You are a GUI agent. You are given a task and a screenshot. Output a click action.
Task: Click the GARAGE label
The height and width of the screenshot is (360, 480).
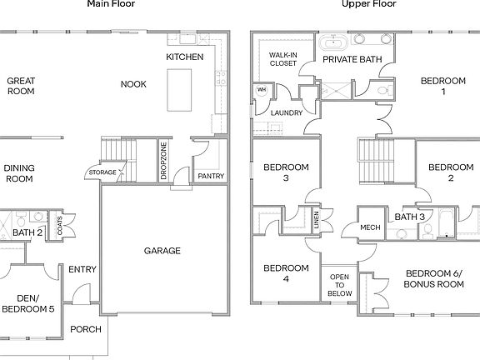162,250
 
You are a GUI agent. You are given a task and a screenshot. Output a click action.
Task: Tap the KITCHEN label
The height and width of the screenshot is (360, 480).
185,57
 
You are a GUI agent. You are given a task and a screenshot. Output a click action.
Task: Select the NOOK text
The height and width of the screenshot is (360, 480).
133,84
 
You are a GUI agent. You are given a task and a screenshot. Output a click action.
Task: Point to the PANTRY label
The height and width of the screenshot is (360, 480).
209,176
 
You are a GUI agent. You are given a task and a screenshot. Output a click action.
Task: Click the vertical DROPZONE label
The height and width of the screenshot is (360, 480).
163,160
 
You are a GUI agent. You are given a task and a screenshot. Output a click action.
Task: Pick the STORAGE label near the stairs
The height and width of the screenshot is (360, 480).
102,172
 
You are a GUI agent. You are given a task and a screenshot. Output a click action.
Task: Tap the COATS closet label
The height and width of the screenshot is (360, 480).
59,224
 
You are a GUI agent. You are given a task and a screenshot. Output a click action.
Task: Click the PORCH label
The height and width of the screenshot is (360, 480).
85,329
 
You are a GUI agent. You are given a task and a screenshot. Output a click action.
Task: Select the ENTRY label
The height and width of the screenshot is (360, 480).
82,269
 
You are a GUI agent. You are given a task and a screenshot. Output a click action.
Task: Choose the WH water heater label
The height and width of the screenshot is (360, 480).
261,90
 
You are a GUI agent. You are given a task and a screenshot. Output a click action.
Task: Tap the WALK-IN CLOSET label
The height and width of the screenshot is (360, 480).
283,58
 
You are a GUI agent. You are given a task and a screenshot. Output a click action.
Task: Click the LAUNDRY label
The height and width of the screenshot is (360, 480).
286,112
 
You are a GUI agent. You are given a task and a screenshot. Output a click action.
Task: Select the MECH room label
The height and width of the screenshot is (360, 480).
370,227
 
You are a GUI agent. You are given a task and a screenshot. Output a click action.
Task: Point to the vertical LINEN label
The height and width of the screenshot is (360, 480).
317,221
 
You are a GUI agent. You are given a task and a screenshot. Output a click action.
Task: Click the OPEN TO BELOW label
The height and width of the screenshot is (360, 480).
339,284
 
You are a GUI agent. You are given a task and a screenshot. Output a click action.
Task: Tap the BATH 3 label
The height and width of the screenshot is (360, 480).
409,217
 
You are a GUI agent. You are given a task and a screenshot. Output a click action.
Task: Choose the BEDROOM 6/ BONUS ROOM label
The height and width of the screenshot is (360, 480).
433,278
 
